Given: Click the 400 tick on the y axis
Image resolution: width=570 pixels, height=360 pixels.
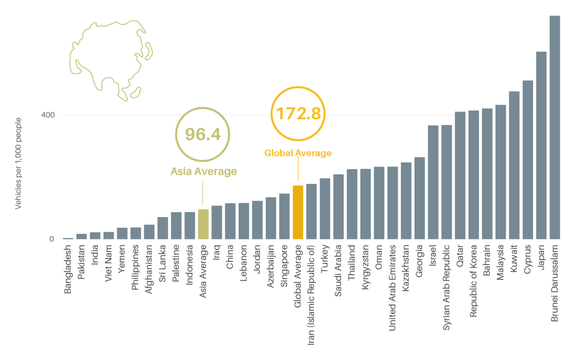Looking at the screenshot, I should coord(48,115).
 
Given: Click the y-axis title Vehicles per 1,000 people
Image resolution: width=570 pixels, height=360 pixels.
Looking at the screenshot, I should coord(19,163).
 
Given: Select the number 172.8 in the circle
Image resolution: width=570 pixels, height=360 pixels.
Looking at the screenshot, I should coord(298,114).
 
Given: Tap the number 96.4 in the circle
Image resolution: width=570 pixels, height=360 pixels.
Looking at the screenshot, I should coord(203,134).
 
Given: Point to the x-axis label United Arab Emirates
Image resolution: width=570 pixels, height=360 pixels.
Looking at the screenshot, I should coord(392,288).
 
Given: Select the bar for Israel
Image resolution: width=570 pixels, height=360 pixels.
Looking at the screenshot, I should coord(433,182).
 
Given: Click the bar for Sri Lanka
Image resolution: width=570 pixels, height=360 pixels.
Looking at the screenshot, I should coord(163,228).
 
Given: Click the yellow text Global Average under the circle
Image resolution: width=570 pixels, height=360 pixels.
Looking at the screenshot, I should coord(298,153).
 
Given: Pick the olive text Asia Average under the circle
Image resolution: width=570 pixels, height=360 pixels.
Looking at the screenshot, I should coord(204,172).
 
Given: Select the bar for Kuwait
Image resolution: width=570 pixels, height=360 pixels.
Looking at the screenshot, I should coord(514,165).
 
